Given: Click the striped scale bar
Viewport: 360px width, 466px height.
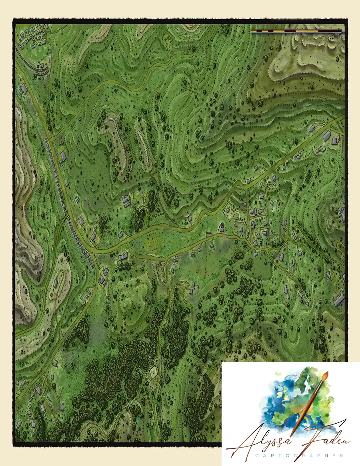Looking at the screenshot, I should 296,31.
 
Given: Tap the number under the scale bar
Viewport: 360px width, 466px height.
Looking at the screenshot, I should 337,37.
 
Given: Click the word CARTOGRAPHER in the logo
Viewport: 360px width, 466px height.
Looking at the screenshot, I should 286,455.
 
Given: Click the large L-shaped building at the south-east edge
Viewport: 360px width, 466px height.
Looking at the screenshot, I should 339,298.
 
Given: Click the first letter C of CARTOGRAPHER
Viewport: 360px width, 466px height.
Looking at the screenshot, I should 234,455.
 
